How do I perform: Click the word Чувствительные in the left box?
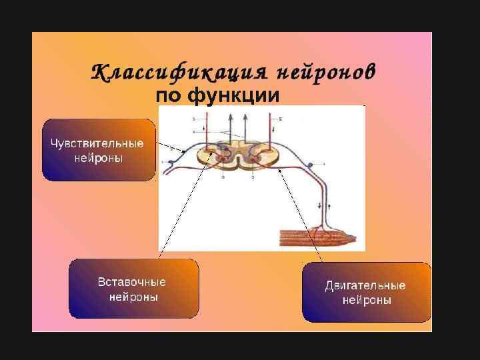coord(98,143)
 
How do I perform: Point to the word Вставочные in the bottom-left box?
coord(132,282)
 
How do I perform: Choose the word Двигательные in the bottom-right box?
coord(365,285)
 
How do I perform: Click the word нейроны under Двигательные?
coord(367,301)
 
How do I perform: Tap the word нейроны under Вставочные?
coord(133,297)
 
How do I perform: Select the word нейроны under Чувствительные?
coord(99,159)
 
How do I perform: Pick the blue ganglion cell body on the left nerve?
coord(171,162)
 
